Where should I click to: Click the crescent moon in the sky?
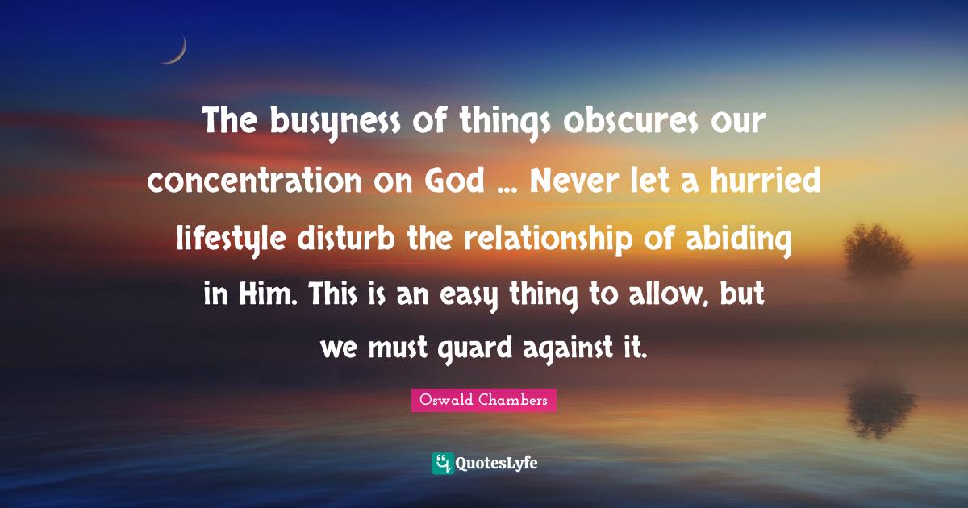click(176, 51)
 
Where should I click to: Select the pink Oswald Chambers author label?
click(483, 400)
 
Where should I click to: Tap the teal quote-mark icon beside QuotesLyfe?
click(441, 463)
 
